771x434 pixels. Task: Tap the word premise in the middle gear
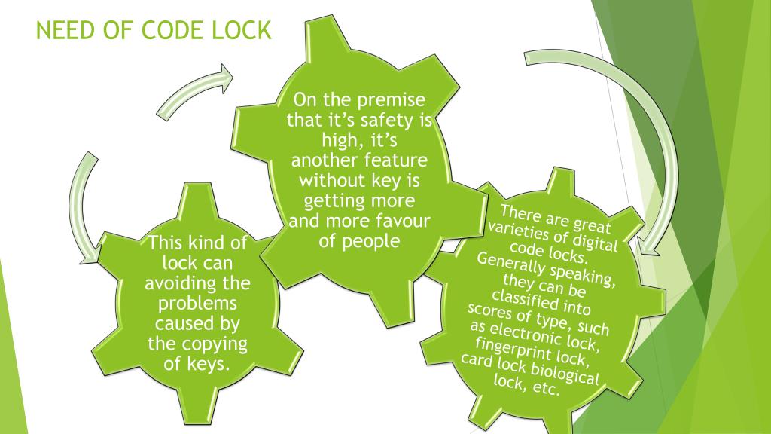point(392,100)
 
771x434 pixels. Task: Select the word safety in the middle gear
point(389,121)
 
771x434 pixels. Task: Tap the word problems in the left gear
point(197,304)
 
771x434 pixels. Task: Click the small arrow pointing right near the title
point(195,92)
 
